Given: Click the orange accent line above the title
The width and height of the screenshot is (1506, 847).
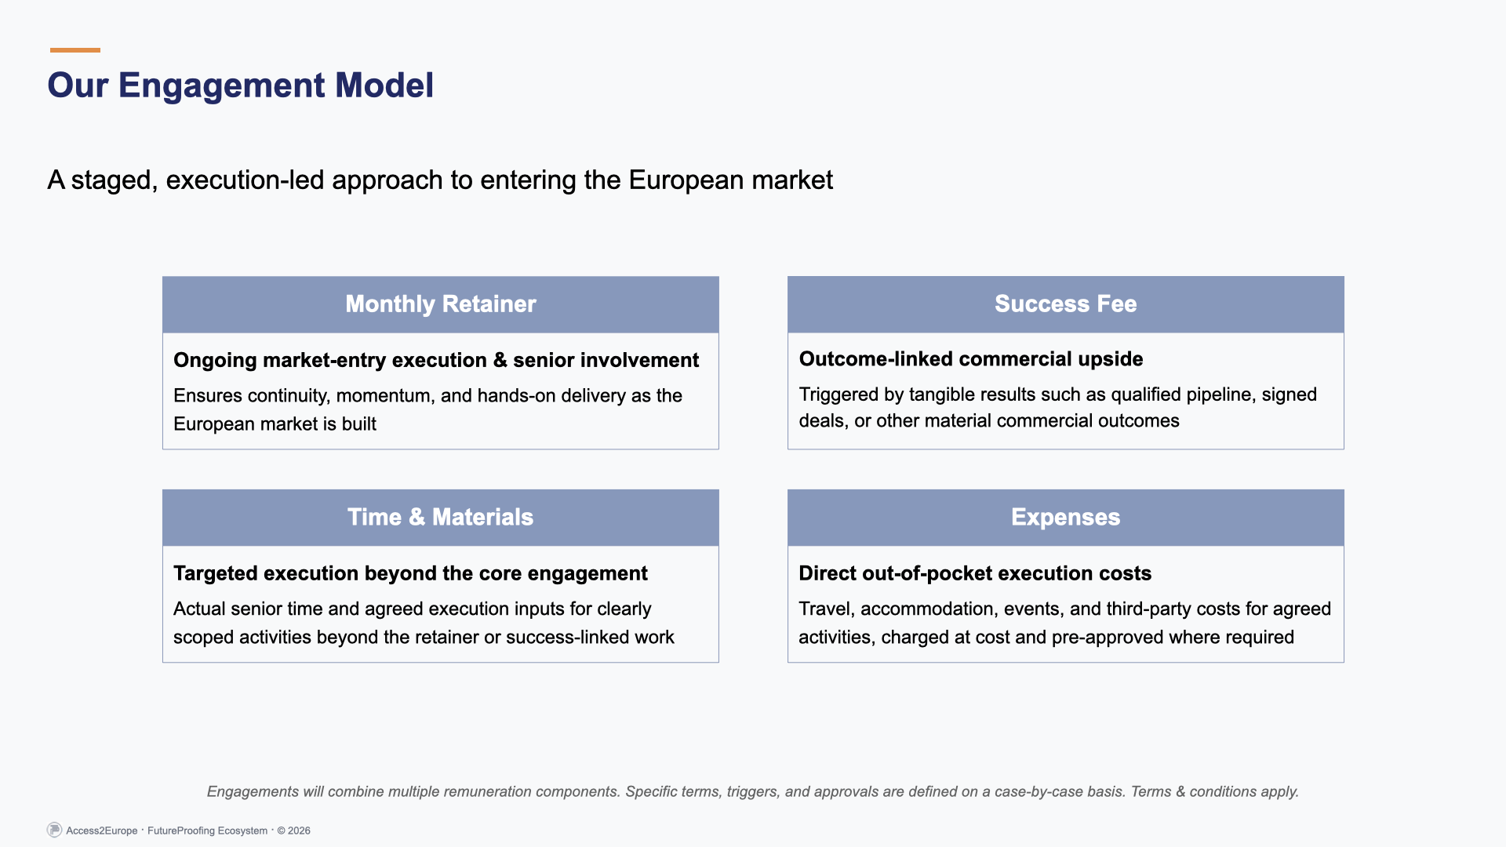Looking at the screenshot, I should pyautogui.click(x=75, y=50).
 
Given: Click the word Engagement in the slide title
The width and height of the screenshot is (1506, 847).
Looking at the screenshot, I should pyautogui.click(x=221, y=85).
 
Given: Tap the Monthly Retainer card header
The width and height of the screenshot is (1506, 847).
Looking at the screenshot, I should pyautogui.click(x=440, y=304).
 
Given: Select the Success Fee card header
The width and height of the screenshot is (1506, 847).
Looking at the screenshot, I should pyautogui.click(x=1065, y=304).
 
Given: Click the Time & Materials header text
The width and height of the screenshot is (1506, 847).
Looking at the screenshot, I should pyautogui.click(x=440, y=518).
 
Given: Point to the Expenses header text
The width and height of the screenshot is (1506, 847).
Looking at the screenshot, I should pyautogui.click(x=1065, y=518).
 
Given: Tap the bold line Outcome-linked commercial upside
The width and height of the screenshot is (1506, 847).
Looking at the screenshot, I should pyautogui.click(x=970, y=359).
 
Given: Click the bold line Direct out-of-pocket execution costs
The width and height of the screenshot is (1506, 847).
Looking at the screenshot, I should pyautogui.click(x=974, y=573).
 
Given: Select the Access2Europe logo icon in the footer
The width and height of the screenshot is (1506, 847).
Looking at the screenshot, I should pyautogui.click(x=54, y=830).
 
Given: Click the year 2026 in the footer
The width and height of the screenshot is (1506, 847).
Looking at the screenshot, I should pyautogui.click(x=299, y=831).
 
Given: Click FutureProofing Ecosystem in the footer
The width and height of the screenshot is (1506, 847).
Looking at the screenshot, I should pyautogui.click(x=207, y=831).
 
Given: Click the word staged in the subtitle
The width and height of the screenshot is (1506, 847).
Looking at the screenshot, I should pyautogui.click(x=115, y=180).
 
